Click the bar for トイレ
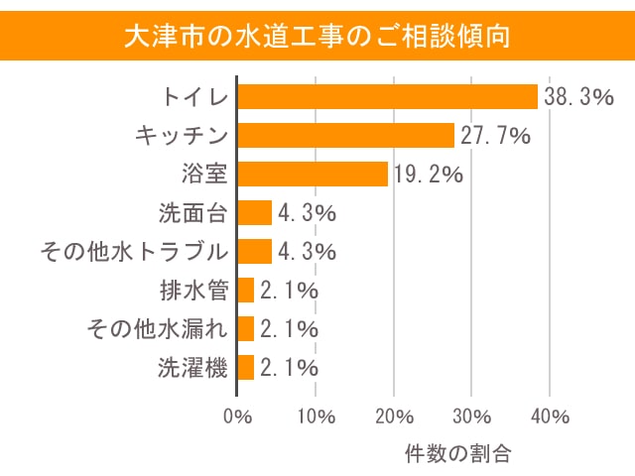tap(387, 96)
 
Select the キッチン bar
tap(345, 135)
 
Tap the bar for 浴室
tap(313, 174)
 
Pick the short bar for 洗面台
tap(255, 212)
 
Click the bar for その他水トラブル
tap(255, 251)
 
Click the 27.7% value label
tap(494, 136)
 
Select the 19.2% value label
tap(428, 175)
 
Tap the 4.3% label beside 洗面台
tap(307, 213)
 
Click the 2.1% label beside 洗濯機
tap(288, 368)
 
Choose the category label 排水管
tap(193, 291)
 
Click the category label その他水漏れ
tap(158, 329)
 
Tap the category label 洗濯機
tap(193, 368)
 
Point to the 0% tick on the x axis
tap(238, 415)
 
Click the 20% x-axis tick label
tap(394, 415)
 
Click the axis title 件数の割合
tap(457, 454)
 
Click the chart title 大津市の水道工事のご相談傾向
tap(317, 37)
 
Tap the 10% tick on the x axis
tap(316, 415)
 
